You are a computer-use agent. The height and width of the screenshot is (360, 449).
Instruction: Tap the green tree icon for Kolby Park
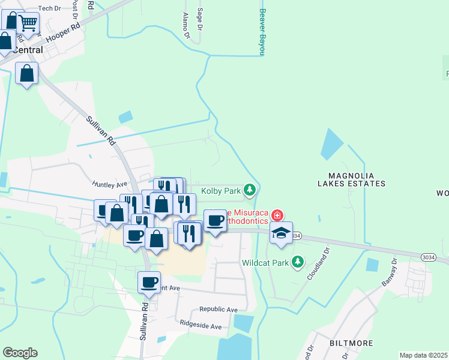coord(250,191)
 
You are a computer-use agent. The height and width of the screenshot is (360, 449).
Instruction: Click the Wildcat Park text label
coord(265,263)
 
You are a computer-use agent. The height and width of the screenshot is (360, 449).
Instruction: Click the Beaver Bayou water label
coord(262,31)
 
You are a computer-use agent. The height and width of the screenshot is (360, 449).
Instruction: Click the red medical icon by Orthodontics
coord(277,215)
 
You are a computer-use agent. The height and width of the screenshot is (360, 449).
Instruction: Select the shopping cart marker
coord(28,24)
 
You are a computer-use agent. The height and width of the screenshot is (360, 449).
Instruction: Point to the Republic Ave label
coord(218,310)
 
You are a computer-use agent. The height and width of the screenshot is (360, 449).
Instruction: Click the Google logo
coord(20,353)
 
